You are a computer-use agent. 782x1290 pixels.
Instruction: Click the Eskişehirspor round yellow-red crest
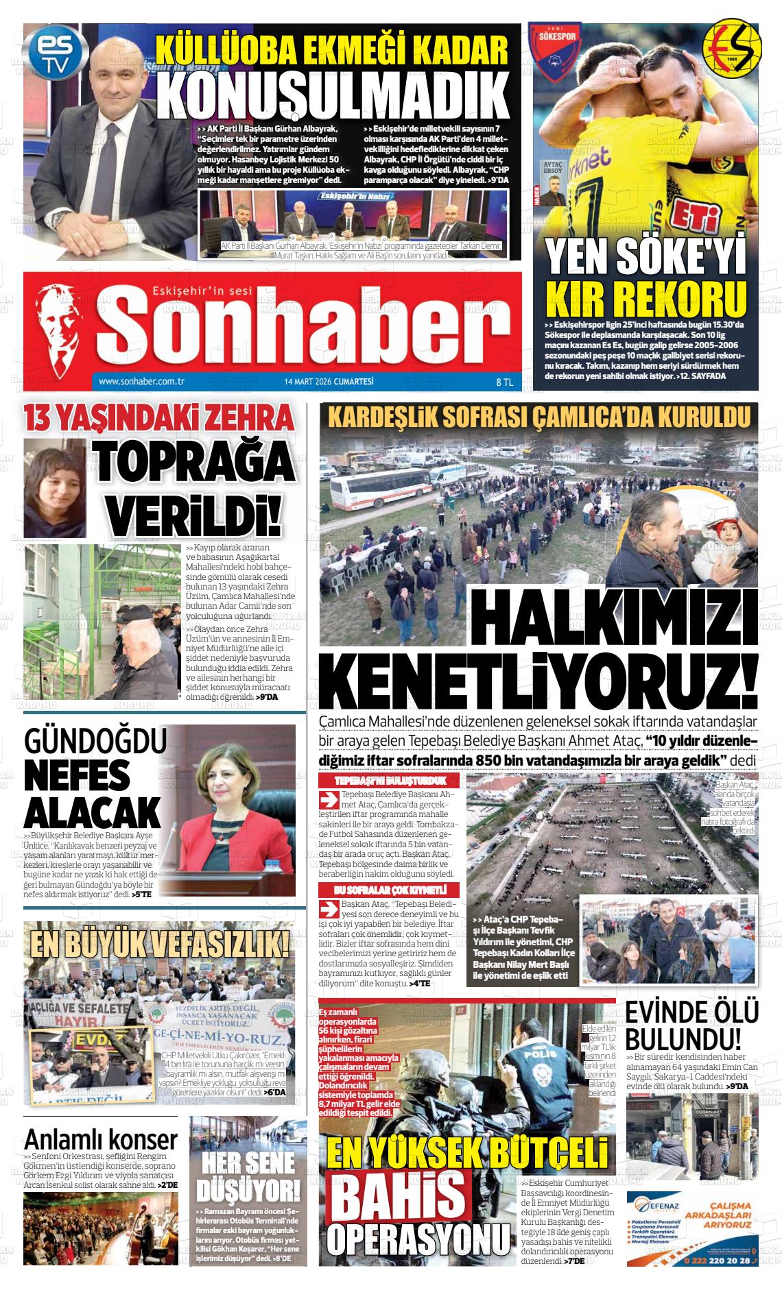click(734, 46)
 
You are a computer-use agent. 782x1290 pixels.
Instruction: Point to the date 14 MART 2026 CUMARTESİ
click(329, 382)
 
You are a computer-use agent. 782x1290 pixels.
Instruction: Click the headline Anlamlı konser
click(101, 1140)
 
